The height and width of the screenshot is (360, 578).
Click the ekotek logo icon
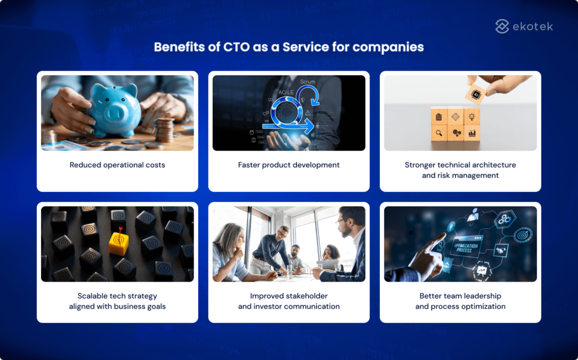pos(502,26)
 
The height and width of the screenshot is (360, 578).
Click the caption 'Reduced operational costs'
pos(117,165)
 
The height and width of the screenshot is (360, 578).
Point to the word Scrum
pos(308,82)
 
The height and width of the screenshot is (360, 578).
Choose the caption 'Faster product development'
pos(289,165)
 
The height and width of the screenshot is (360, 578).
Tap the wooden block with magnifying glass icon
pos(438,134)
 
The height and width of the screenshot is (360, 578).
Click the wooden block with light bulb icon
pos(472,117)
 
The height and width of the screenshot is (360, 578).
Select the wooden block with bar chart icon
pos(472,134)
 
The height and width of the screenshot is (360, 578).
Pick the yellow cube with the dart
pos(119,243)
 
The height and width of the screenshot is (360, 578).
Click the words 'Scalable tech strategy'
pos(117,296)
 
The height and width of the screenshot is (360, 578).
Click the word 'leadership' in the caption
pos(479,296)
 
